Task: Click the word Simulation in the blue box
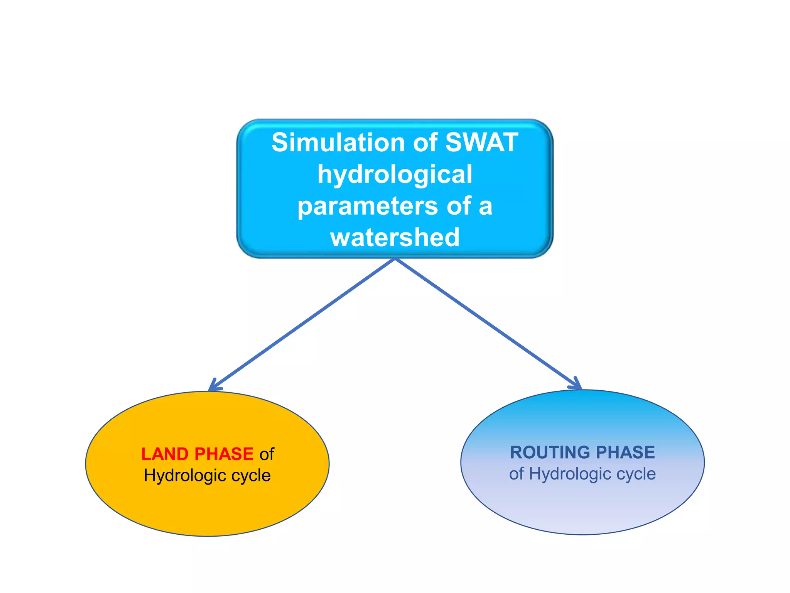(x=338, y=142)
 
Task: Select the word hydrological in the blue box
(x=395, y=174)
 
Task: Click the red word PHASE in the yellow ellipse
(x=224, y=454)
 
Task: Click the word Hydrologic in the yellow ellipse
(x=185, y=476)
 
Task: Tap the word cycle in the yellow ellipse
(x=251, y=476)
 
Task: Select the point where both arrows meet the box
(x=395, y=259)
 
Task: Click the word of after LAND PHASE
(x=267, y=454)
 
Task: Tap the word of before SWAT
(x=425, y=142)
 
